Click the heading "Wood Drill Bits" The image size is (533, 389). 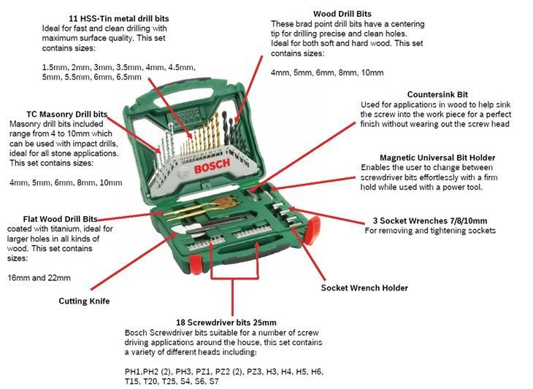tap(342, 14)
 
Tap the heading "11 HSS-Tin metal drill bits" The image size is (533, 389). tap(118, 18)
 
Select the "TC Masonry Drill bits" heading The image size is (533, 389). tap(66, 114)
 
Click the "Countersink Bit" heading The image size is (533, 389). tap(437, 94)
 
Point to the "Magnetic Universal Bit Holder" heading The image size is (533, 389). tap(437, 158)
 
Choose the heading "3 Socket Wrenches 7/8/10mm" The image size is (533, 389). tap(429, 221)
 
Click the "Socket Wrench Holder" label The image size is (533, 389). tap(364, 288)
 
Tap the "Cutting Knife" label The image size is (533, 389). tap(84, 301)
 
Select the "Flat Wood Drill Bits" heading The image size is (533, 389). tap(60, 219)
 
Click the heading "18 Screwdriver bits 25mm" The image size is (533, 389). tap(226, 323)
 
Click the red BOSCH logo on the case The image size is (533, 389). tap(212, 166)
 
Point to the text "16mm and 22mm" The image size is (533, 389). tap(39, 278)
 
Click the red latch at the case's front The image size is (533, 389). tap(196, 264)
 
